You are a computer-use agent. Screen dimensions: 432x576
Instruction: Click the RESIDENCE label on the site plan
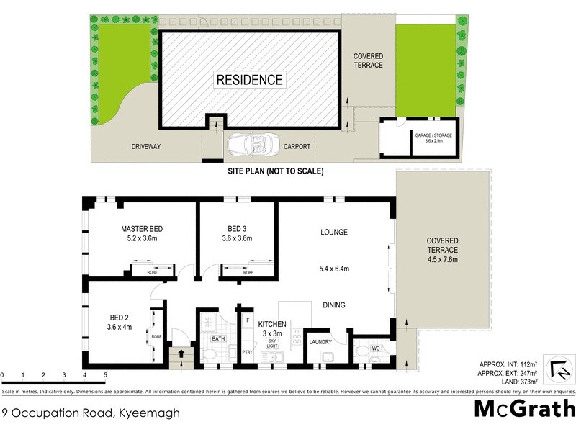point(251,79)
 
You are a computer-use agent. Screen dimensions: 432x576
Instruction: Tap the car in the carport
point(246,146)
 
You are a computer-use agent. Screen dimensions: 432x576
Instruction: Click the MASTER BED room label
point(142,230)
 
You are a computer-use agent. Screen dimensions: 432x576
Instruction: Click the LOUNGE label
point(334,232)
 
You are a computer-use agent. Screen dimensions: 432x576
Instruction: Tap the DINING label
point(333,305)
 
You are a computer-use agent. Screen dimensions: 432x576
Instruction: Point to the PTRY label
point(247,352)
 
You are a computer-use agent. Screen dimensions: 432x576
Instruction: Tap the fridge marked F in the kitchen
point(248,318)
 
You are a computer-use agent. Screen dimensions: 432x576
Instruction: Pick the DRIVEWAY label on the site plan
point(145,147)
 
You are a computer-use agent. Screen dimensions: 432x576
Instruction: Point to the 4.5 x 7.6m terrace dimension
point(442,259)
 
